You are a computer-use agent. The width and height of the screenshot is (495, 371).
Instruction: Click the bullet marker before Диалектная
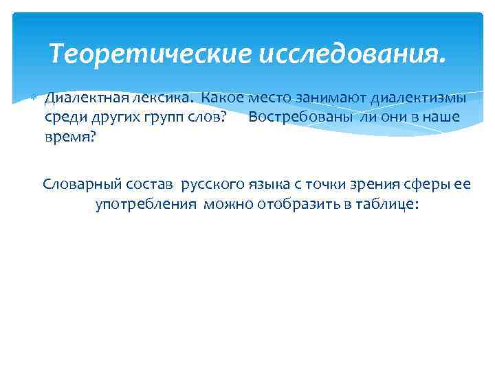tap(32, 98)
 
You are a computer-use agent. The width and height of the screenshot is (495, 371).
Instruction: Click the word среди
tap(63, 117)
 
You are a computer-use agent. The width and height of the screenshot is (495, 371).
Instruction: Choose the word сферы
tap(426, 185)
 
